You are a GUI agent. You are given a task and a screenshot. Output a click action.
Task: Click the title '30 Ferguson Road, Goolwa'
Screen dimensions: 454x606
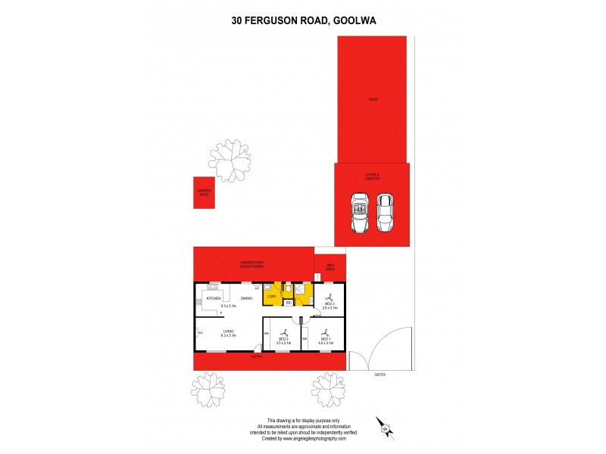pos(303,21)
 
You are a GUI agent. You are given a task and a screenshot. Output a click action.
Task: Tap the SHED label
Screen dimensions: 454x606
pos(373,99)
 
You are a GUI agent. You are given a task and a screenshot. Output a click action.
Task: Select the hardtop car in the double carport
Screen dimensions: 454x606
pos(386,213)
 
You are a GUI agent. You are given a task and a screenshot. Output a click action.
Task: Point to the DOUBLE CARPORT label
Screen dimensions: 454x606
pos(372,176)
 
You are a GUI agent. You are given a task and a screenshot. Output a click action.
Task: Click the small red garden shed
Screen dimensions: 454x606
pos(204,193)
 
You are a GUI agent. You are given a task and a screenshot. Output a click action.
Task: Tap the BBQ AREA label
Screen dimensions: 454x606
pos(330,267)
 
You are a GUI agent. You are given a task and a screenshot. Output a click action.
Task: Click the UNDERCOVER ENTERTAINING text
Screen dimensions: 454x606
pos(252,265)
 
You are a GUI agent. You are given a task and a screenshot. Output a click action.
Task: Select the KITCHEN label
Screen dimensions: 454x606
pos(214,299)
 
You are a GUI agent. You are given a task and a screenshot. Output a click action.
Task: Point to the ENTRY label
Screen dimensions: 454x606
pos(257,356)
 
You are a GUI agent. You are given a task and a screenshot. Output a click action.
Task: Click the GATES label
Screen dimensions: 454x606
pos(380,374)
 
